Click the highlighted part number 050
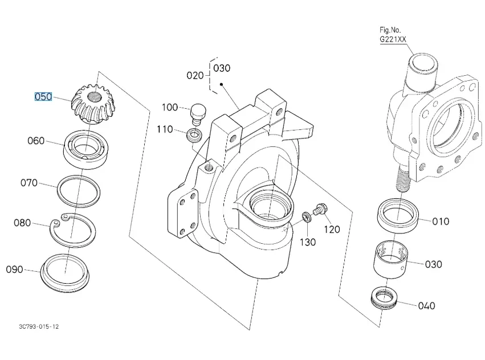(x=43, y=97)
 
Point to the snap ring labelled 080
(x=74, y=228)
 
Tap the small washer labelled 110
(x=194, y=136)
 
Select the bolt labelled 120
(x=319, y=211)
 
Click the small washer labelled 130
(x=307, y=218)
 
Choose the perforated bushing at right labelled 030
(x=392, y=258)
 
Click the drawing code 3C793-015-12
(x=39, y=326)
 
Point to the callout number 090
(x=14, y=269)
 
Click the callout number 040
(x=426, y=306)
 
